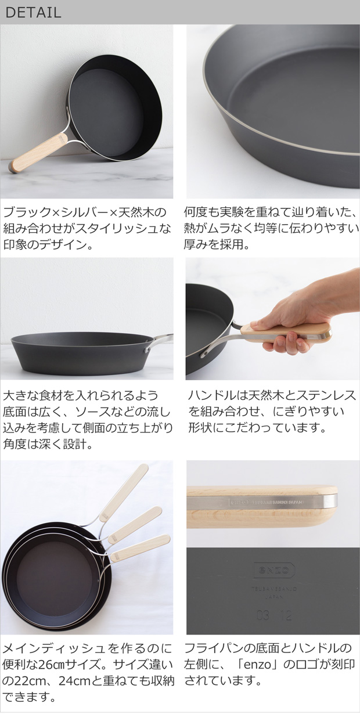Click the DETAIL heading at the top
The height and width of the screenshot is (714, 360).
33,12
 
